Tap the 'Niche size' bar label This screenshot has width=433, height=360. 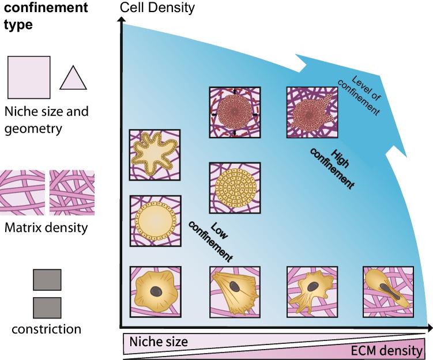pos(159,342)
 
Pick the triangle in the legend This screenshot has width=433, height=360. pos(73,78)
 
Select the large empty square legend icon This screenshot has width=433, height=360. pos(29,77)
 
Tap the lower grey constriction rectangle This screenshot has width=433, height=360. pos(47,307)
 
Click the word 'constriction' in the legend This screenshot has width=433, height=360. pos(46,329)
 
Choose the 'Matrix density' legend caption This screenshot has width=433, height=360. pos(46,228)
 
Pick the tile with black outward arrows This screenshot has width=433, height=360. pos(235,112)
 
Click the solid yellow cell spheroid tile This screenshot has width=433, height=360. pos(235,187)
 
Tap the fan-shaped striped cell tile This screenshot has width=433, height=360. pos(235,291)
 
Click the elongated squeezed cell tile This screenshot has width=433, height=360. pos(388,291)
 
